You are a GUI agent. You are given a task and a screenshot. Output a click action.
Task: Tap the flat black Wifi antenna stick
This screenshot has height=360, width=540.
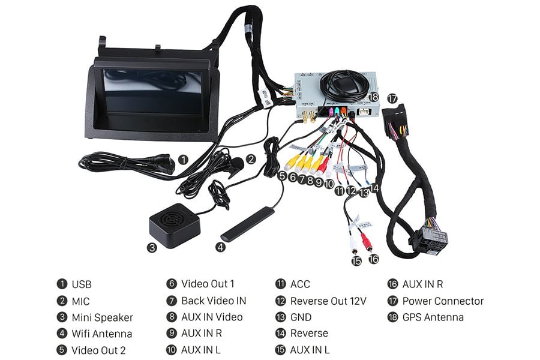tap(247, 223)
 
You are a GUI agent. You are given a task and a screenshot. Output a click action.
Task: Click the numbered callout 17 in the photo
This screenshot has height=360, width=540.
tap(392, 98)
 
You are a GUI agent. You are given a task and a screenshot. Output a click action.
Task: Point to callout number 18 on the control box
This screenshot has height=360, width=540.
tap(373, 97)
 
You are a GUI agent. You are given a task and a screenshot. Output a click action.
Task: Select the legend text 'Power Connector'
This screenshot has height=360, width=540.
tap(443, 301)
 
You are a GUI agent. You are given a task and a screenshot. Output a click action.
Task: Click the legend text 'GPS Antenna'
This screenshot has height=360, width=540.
tap(433, 317)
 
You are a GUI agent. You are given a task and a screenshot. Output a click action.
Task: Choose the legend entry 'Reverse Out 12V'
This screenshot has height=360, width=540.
tap(328, 301)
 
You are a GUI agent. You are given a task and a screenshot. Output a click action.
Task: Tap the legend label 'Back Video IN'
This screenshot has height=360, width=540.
tap(214, 301)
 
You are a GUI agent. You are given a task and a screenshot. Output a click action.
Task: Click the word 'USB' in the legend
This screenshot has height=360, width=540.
tap(82, 284)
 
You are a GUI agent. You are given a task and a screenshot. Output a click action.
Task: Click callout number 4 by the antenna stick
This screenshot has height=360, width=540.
tap(221, 247)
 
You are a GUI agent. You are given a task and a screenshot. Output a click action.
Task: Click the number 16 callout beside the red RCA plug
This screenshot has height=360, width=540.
tap(374, 259)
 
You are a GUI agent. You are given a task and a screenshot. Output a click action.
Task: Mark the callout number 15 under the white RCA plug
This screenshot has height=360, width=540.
tap(356, 260)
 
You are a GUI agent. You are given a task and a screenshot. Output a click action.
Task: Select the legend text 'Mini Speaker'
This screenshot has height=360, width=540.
tap(102, 317)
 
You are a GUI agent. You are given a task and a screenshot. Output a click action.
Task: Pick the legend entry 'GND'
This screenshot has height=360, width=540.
tap(302, 317)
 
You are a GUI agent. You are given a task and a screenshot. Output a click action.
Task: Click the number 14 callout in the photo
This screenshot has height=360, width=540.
tap(374, 188)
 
